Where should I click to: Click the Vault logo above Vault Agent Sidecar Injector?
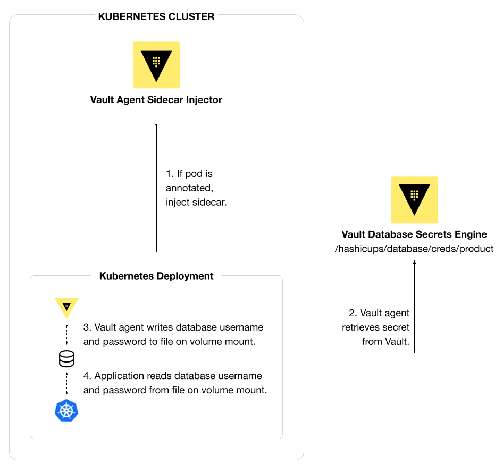pyautogui.click(x=156, y=65)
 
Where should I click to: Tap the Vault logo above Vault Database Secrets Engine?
pyautogui.click(x=414, y=200)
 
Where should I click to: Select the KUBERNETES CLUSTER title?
pyautogui.click(x=156, y=16)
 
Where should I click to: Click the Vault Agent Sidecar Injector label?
pyautogui.click(x=156, y=99)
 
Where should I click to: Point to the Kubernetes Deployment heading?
pyautogui.click(x=156, y=276)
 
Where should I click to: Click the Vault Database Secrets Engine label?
pyautogui.click(x=414, y=234)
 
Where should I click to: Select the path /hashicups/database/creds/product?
pyautogui.click(x=414, y=248)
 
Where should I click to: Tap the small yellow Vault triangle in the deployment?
pyautogui.click(x=66, y=307)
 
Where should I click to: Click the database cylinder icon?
pyautogui.click(x=66, y=360)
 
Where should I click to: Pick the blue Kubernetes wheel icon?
pyautogui.click(x=66, y=411)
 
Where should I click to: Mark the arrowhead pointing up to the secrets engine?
pyautogui.click(x=414, y=262)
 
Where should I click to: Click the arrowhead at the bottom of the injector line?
pyautogui.click(x=156, y=250)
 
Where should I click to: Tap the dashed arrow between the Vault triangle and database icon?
pyautogui.click(x=66, y=335)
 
